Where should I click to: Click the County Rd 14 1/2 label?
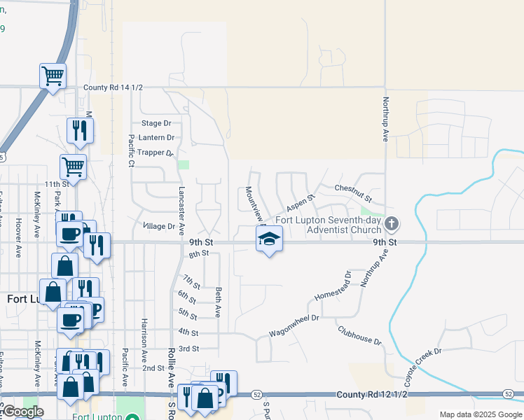[113, 87]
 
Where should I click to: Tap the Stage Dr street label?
[156, 123]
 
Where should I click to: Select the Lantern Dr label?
[156, 138]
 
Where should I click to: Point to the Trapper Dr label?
[156, 153]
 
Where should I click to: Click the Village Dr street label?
[158, 226]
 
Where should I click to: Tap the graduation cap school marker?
[268, 239]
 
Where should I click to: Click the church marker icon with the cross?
[392, 224]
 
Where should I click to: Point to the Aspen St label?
[301, 203]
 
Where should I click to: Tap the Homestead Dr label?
[331, 286]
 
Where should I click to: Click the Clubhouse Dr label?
[359, 336]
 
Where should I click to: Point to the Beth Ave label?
[219, 300]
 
